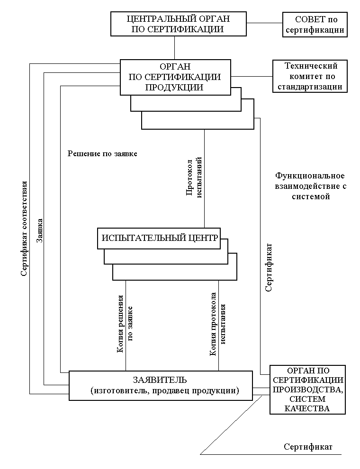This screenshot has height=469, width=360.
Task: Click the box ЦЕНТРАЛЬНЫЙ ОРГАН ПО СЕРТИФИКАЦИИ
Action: pyautogui.click(x=179, y=24)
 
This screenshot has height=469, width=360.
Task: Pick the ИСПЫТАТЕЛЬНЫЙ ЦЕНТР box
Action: pyautogui.click(x=160, y=238)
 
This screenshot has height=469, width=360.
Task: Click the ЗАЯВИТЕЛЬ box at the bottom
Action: pyautogui.click(x=161, y=385)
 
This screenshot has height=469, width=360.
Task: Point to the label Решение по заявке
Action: pyautogui.click(x=102, y=153)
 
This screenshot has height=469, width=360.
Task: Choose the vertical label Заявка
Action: pyautogui.click(x=40, y=231)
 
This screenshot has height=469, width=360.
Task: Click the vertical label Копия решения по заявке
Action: pyautogui.click(x=126, y=324)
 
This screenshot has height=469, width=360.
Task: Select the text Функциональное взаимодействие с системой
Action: pyautogui.click(x=310, y=186)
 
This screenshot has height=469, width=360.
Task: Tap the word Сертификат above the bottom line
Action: pyautogui.click(x=308, y=447)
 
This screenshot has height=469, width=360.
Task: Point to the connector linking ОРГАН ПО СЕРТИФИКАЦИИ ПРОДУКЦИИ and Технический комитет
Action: pyautogui.click(x=252, y=76)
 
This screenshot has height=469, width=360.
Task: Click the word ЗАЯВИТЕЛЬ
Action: pyautogui.click(x=160, y=380)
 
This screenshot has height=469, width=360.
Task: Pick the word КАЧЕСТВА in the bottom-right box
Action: pyautogui.click(x=307, y=408)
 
